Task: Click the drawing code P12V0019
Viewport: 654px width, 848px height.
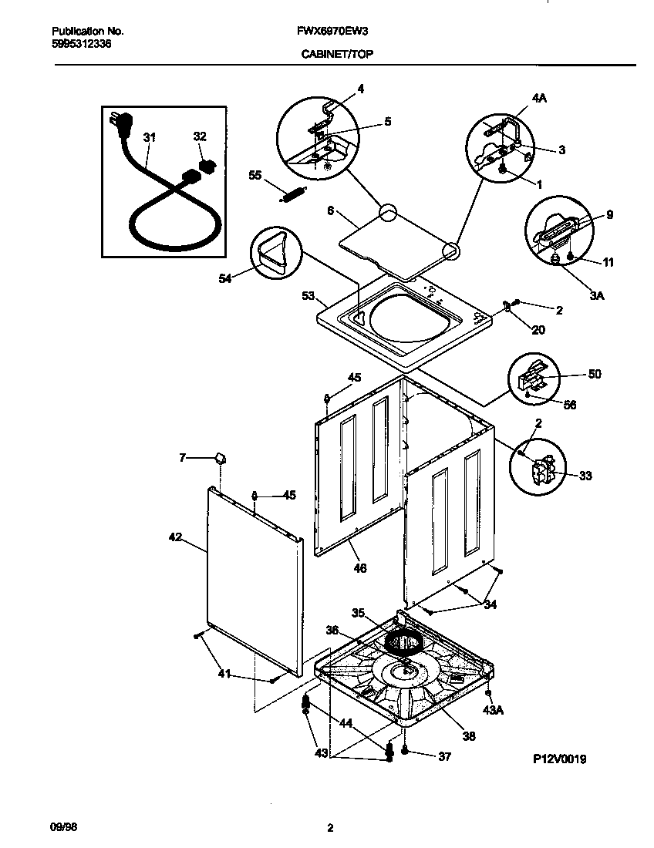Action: point(560,759)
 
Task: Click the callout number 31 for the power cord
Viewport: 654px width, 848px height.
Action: point(150,137)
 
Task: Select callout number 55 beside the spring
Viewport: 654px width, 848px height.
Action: point(255,176)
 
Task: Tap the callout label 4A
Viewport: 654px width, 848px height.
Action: point(538,99)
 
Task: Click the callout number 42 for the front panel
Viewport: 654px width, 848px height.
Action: point(175,537)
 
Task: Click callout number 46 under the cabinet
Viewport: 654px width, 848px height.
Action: point(359,568)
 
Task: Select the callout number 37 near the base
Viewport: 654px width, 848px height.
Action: point(443,756)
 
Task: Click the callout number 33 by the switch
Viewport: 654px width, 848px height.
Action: point(585,476)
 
